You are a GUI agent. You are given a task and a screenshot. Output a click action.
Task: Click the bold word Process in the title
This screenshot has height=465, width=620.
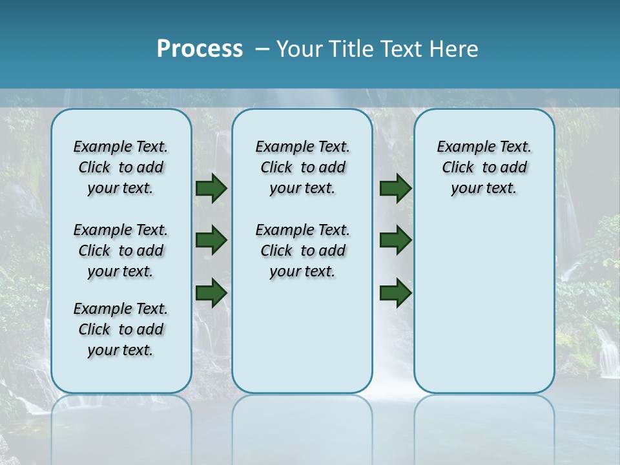point(200,49)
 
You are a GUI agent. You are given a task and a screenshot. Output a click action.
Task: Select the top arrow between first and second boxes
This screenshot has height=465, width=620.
point(211,189)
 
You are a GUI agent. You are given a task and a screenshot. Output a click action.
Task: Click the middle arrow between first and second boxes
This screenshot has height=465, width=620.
point(211,240)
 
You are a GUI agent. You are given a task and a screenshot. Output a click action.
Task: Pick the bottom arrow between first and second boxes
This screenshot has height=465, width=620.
point(211,293)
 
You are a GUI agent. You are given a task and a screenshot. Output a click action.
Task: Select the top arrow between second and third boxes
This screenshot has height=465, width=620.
point(395,189)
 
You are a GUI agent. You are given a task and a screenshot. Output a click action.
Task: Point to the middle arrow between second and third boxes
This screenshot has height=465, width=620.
point(395,240)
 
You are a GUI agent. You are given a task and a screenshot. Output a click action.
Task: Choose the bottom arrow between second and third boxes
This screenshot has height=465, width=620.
point(395,293)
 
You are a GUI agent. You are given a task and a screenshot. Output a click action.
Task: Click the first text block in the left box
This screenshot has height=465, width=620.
point(121,167)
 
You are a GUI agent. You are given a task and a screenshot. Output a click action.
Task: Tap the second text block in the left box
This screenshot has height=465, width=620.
point(121,251)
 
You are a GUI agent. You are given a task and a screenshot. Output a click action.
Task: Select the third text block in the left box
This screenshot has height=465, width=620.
point(121,329)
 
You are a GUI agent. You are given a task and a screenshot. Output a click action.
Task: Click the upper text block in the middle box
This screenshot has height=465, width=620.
point(302,167)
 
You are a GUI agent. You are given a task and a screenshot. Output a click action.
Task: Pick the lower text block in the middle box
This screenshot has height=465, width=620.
point(302,251)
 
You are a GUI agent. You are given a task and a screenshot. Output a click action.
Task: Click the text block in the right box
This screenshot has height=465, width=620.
point(484,167)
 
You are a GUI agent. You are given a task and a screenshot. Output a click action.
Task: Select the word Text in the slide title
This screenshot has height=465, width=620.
point(403,49)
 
